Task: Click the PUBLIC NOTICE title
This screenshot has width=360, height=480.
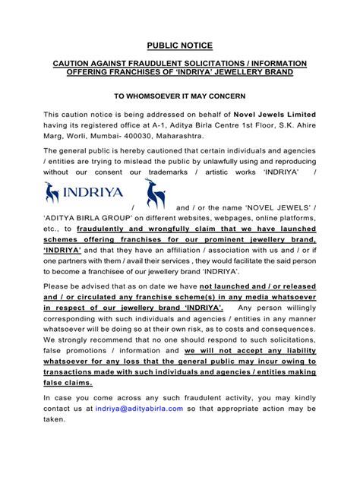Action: coord(180,46)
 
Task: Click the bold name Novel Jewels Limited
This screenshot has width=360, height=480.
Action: coord(274,114)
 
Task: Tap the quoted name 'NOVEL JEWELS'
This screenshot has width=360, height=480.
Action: coord(275,208)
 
